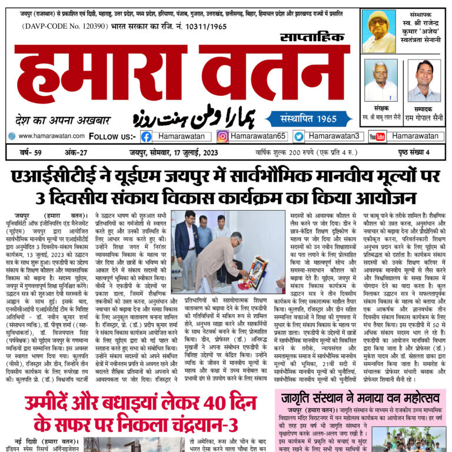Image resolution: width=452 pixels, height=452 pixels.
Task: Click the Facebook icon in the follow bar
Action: click(146, 137)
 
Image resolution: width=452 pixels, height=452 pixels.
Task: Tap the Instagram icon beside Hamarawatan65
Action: click(222, 137)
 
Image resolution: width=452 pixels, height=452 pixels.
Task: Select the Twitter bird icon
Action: click(299, 137)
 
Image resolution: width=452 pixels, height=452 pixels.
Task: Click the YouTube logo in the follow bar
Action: click(377, 137)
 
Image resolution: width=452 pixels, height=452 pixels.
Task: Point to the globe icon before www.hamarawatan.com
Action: click(12, 136)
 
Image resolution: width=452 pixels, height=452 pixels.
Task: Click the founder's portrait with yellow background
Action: click(378, 31)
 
